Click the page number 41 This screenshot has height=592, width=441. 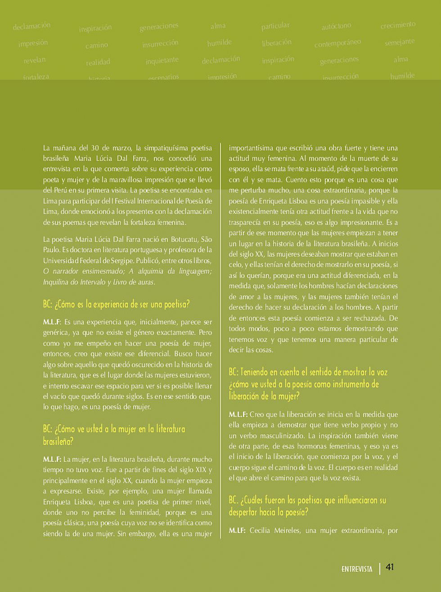tap(390, 567)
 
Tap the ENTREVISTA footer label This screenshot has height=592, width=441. tap(357, 569)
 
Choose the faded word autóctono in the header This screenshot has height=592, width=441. tap(336, 27)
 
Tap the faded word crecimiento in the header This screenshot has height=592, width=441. tap(398, 25)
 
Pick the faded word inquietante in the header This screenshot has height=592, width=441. tap(162, 60)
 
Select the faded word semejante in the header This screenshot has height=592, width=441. tap(400, 42)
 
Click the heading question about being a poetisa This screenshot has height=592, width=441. tap(117, 304)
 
